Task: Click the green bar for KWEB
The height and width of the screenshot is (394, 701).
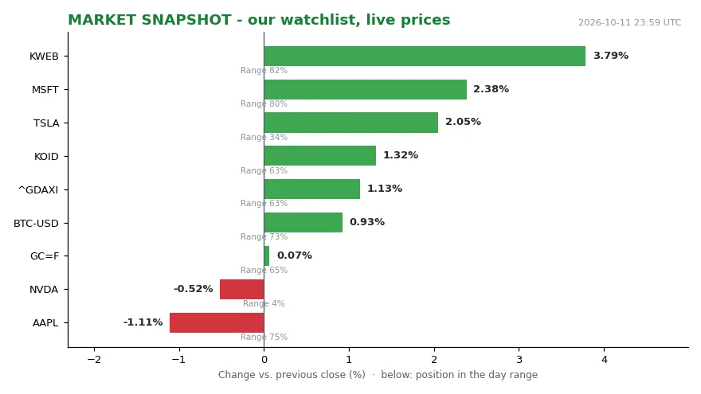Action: coord(425,57)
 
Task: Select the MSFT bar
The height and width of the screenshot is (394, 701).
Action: coord(366,89)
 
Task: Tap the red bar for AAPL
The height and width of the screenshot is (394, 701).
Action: coord(217,322)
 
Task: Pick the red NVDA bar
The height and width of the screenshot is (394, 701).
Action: coord(242,290)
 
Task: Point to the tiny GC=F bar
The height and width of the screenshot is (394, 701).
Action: coord(266,256)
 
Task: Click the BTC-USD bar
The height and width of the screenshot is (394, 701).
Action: coord(304,222)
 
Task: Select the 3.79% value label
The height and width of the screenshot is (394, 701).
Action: coord(611,56)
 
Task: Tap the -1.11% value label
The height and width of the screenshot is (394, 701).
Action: coord(143,322)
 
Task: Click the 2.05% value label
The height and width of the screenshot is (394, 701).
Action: coord(463,122)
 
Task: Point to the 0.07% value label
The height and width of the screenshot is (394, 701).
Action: coord(295,256)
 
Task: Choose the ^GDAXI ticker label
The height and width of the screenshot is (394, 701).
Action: coord(38,190)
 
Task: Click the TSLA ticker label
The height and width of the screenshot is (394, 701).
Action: coord(46,123)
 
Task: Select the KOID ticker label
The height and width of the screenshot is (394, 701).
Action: coord(46,157)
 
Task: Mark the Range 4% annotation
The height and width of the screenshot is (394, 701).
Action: coord(264,304)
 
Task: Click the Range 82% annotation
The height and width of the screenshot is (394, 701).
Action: coord(264,71)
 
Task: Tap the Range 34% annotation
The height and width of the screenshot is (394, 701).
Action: coord(264,137)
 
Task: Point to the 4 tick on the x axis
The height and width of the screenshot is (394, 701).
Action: coord(605,360)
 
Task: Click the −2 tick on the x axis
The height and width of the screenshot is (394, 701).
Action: coord(94,360)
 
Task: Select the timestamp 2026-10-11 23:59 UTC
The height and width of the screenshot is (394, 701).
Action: coord(629,22)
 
